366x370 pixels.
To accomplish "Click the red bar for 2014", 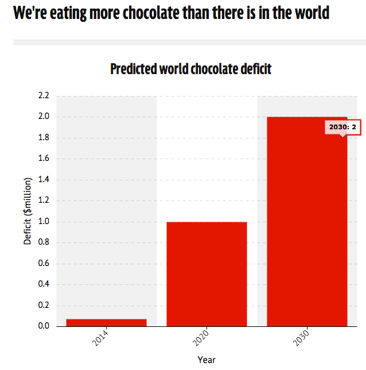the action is (x=106, y=322).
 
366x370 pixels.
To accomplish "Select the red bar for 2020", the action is (x=207, y=274).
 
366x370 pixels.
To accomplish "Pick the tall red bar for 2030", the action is (x=307, y=222).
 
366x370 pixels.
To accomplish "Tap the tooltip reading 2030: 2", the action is (x=342, y=128).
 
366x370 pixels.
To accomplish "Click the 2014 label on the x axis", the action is (x=100, y=338).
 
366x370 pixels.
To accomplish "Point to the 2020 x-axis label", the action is (x=201, y=338).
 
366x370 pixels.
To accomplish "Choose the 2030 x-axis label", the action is (x=301, y=338).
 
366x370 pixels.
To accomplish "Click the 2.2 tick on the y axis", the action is (x=44, y=95).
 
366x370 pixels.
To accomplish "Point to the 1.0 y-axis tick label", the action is (x=44, y=221).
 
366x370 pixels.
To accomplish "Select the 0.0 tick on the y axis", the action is (x=44, y=326).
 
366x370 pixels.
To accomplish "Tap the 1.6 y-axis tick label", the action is (x=44, y=158).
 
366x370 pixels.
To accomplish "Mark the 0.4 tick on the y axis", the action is (x=44, y=284).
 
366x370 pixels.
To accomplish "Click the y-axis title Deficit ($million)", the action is (x=28, y=211).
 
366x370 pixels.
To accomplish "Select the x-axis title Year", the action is (x=207, y=360).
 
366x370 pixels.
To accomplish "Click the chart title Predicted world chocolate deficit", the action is (x=191, y=69).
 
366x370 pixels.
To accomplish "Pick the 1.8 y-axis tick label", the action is (x=44, y=137).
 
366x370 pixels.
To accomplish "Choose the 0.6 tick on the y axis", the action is (x=44, y=263).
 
